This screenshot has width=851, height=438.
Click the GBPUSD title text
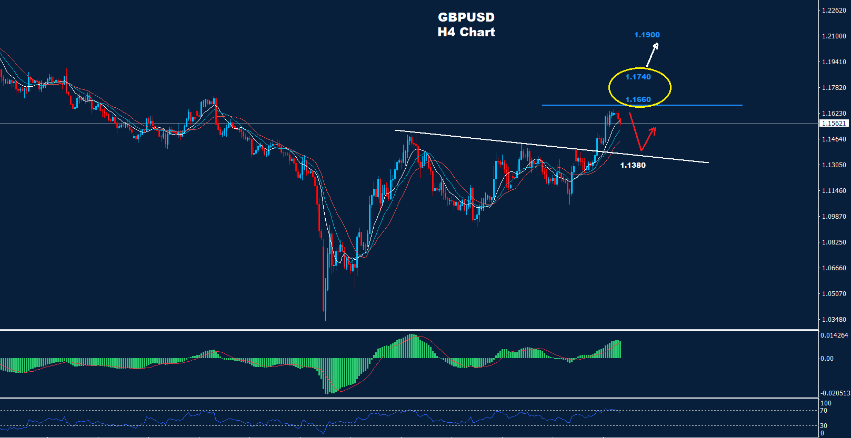point(466,17)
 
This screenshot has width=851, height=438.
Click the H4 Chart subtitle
point(466,32)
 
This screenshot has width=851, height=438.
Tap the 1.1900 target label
point(647,35)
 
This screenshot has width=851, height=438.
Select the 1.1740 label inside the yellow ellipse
point(638,77)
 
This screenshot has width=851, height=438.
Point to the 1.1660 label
point(638,99)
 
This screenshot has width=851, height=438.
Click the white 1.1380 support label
point(633,165)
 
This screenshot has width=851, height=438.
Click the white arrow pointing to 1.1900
point(653,54)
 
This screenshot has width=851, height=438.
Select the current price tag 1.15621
point(834,124)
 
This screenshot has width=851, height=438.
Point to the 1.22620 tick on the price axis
point(834,11)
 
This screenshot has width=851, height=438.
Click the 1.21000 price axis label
point(834,36)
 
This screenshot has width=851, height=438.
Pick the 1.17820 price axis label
point(834,88)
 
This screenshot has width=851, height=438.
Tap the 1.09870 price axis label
point(834,217)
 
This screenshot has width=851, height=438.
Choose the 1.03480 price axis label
point(834,320)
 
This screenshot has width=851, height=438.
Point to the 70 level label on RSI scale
point(824,411)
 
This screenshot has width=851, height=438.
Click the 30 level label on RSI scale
point(824,426)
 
